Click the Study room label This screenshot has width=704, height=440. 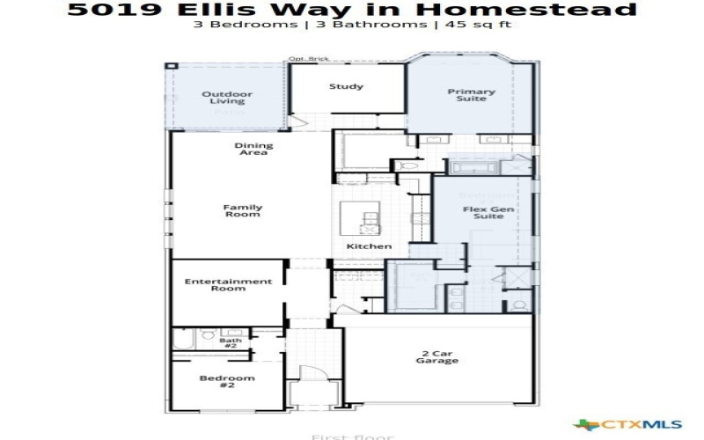click(347, 86)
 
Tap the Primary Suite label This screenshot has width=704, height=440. click(472, 95)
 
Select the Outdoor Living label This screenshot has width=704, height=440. click(226, 98)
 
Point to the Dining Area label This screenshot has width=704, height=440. click(253, 150)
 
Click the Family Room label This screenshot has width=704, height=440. click(243, 211)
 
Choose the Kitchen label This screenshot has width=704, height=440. click(369, 246)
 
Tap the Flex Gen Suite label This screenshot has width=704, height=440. click(483, 212)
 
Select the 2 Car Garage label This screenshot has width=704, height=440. click(436, 356)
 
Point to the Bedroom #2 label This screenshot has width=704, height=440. click(214, 382)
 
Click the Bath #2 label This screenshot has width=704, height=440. click(231, 343)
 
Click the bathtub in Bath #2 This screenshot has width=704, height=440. click(181, 339)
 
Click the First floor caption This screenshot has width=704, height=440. click(352, 436)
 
